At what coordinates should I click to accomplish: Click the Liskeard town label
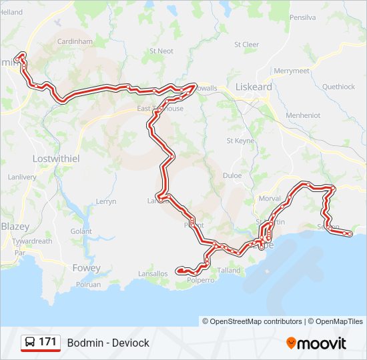point(254,87)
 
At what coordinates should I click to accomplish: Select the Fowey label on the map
point(85,268)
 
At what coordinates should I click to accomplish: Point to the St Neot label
point(161,51)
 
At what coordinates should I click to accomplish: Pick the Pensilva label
point(302,18)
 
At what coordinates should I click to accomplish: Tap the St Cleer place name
point(246,45)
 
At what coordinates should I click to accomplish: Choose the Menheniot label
point(302,115)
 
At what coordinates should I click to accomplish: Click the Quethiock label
point(338,87)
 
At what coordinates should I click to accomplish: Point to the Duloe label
point(232,177)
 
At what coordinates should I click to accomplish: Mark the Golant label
point(81,231)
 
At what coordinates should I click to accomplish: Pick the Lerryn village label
point(106,201)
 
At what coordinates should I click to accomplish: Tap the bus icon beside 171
point(30,343)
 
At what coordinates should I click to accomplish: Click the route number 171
point(47,342)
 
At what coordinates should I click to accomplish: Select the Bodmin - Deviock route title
point(108,343)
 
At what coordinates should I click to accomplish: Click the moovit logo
point(316,343)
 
